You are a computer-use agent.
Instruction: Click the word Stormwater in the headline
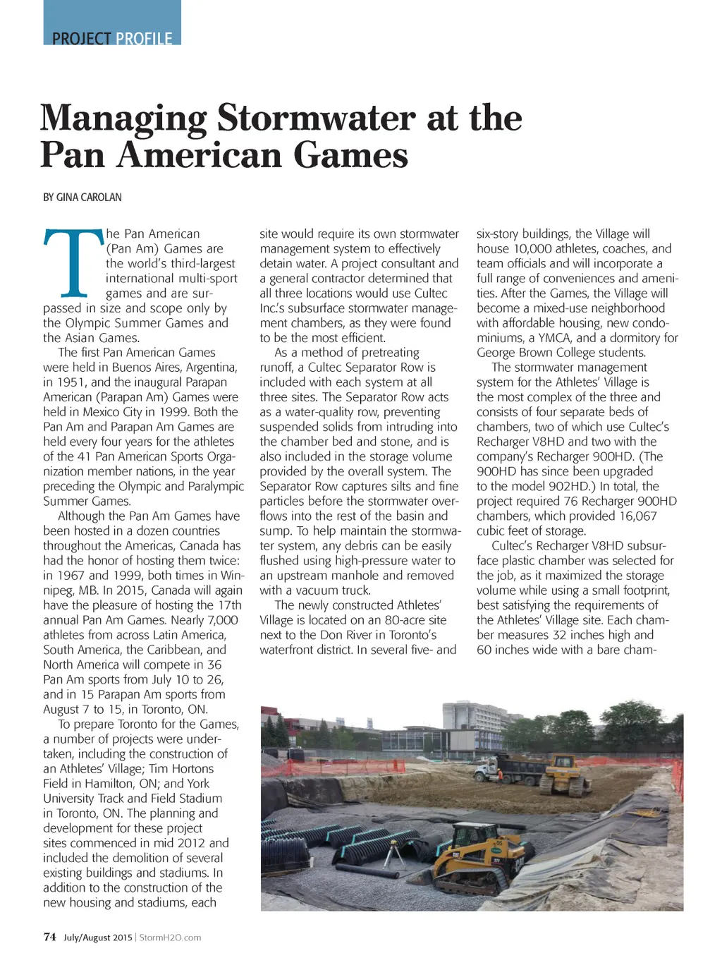coord(315,118)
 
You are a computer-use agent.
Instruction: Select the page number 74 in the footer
coord(49,937)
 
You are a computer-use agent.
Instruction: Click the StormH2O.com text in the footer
coord(170,938)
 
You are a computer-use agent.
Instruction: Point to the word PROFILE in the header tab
coord(144,38)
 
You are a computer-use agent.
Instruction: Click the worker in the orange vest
coord(500,775)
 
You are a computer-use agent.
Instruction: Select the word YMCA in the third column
coord(556,338)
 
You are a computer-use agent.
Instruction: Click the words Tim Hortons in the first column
coord(181,769)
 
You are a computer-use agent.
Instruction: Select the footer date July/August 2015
coord(97,938)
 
